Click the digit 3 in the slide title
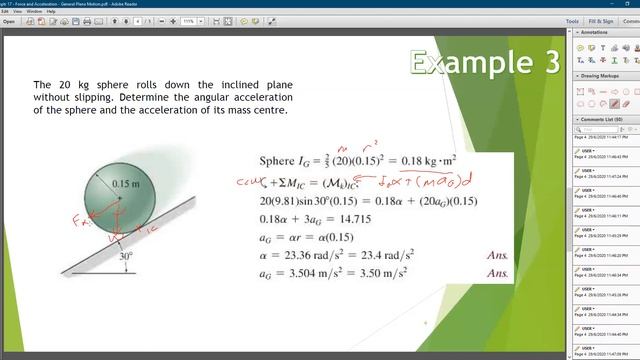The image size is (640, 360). pyautogui.click(x=550, y=63)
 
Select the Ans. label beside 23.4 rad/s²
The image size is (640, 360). pyautogui.click(x=497, y=255)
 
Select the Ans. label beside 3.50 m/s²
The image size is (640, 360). pyautogui.click(x=497, y=273)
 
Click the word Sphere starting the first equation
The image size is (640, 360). pyautogui.click(x=276, y=160)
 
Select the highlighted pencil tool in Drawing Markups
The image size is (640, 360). pyautogui.click(x=615, y=104)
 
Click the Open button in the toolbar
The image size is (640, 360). pyautogui.click(x=9, y=20)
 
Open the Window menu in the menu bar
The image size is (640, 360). pyautogui.click(x=34, y=11)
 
